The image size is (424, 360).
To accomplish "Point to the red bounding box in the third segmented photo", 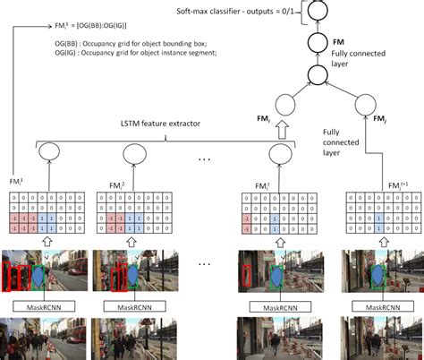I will [x=246, y=273].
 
